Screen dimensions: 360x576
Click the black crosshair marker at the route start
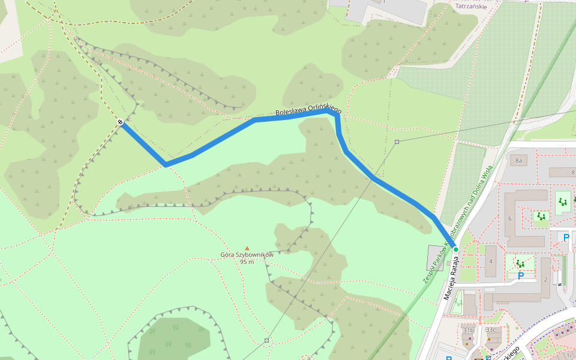121,122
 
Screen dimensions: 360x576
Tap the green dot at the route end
456,250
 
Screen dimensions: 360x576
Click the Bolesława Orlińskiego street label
308,110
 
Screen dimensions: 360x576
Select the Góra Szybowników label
247,254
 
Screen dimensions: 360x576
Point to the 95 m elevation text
247,262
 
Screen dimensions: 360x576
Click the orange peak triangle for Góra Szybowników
247,247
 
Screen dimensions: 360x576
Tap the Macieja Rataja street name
454,278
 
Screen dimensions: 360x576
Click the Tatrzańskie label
470,7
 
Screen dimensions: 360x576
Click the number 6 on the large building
510,218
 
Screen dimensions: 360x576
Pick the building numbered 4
491,261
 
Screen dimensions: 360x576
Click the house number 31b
468,330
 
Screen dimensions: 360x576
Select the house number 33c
491,330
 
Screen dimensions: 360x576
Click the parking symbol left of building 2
521,276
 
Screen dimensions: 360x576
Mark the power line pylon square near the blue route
397,142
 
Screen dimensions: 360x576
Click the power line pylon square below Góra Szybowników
266,340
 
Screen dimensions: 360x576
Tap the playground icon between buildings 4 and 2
520,263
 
